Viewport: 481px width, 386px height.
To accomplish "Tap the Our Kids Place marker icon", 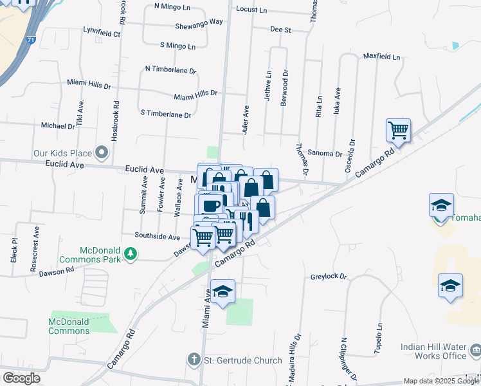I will pyautogui.click(x=101, y=153).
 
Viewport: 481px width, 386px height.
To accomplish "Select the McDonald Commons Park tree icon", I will pyautogui.click(x=131, y=253).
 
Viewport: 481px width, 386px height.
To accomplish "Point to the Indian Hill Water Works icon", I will pyautogui.click(x=476, y=351).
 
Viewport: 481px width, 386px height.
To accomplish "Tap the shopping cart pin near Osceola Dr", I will pyautogui.click(x=398, y=131).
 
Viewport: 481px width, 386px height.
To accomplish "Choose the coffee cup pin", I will pyautogui.click(x=210, y=205).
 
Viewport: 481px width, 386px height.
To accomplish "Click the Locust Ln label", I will pyautogui.click(x=251, y=10).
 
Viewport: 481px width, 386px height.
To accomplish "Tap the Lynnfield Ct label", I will pyautogui.click(x=102, y=32).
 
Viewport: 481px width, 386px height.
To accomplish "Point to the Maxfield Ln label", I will pyautogui.click(x=381, y=57).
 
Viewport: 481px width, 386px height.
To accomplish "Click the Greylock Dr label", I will pyautogui.click(x=329, y=277).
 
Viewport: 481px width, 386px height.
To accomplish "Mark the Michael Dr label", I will pyautogui.click(x=58, y=126).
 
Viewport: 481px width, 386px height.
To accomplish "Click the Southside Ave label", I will pyautogui.click(x=157, y=237).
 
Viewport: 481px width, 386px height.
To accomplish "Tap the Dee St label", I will pyautogui.click(x=280, y=30).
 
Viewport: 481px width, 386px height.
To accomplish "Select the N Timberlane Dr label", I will pyautogui.click(x=170, y=68).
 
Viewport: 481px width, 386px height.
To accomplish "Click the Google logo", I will pyautogui.click(x=21, y=378).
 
